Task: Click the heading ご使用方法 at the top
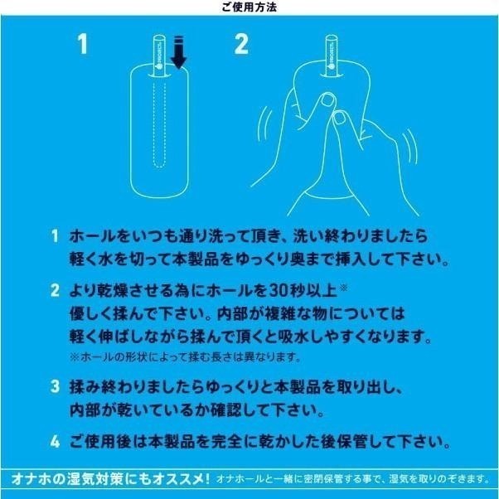coord(249,7)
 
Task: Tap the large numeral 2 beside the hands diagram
coord(241,44)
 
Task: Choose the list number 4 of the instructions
coord(54,441)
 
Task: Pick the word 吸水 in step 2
coord(317,337)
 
